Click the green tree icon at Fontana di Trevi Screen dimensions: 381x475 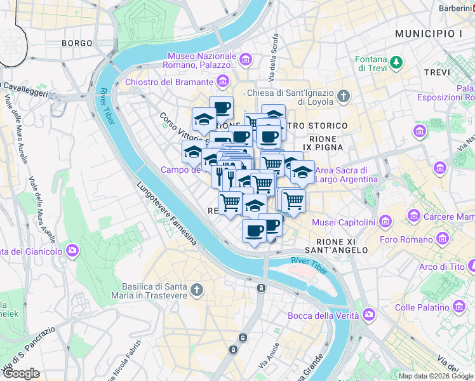pos(397,62)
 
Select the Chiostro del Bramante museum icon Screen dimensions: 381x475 pos(222,82)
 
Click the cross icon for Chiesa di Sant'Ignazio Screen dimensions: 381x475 pos(344,97)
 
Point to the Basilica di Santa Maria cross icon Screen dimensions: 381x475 pos(197,290)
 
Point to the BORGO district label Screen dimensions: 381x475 pos(77,43)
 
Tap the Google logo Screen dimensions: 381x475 pos(21,373)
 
